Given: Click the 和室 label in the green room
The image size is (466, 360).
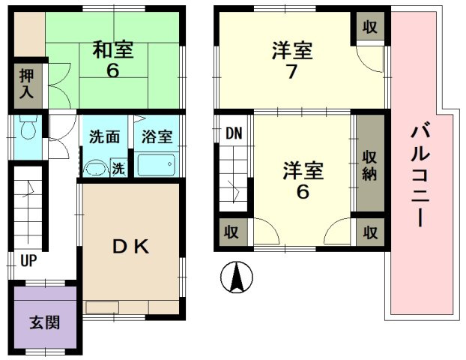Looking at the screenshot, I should click(x=112, y=50).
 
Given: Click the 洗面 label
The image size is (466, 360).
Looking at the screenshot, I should click(x=104, y=138).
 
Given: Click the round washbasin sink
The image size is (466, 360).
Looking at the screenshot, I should click(x=95, y=168).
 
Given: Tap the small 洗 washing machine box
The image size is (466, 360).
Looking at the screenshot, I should click(x=118, y=169).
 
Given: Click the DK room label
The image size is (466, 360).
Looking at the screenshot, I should click(x=133, y=246).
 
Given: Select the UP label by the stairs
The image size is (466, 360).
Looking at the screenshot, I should click(x=28, y=262).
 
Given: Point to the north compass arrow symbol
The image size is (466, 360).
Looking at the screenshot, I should click(x=237, y=279).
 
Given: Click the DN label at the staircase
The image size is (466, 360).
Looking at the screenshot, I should click(x=234, y=134).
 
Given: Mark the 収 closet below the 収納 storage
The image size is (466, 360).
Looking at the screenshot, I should click(x=370, y=232).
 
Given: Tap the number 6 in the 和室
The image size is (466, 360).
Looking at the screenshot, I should click(x=112, y=72).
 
